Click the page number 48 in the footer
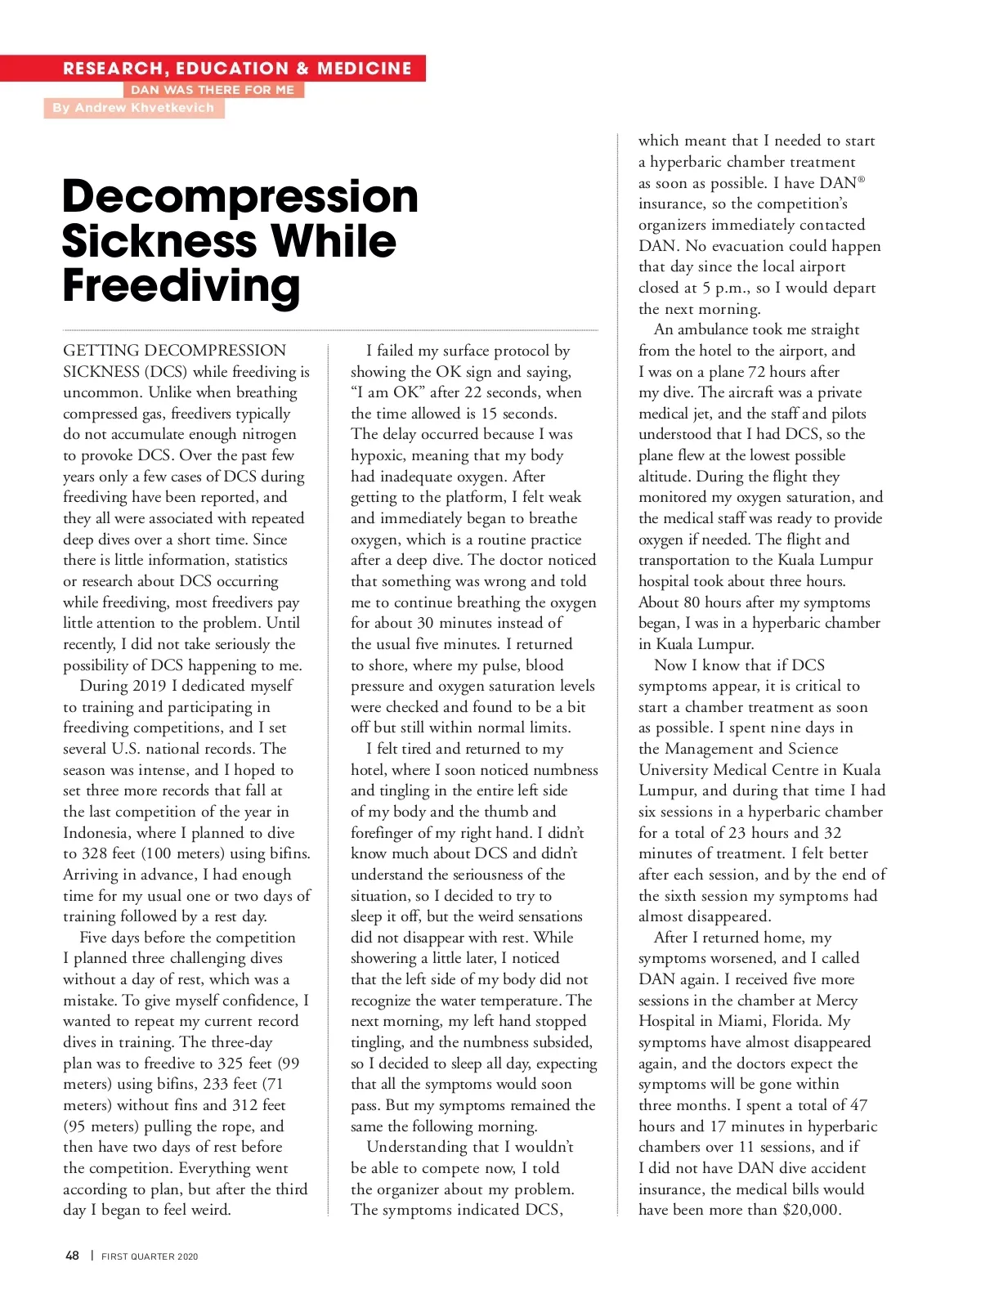pyautogui.click(x=72, y=1256)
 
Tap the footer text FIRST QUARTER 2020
pyautogui.click(x=150, y=1256)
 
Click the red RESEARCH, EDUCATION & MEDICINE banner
pyautogui.click(x=237, y=69)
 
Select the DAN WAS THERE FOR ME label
pyautogui.click(x=213, y=90)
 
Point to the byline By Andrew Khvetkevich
pyautogui.click(x=133, y=108)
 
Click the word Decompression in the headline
pyautogui.click(x=240, y=197)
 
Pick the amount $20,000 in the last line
pyautogui.click(x=811, y=1210)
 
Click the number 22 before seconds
pyautogui.click(x=473, y=392)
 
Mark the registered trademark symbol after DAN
pyautogui.click(x=861, y=178)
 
